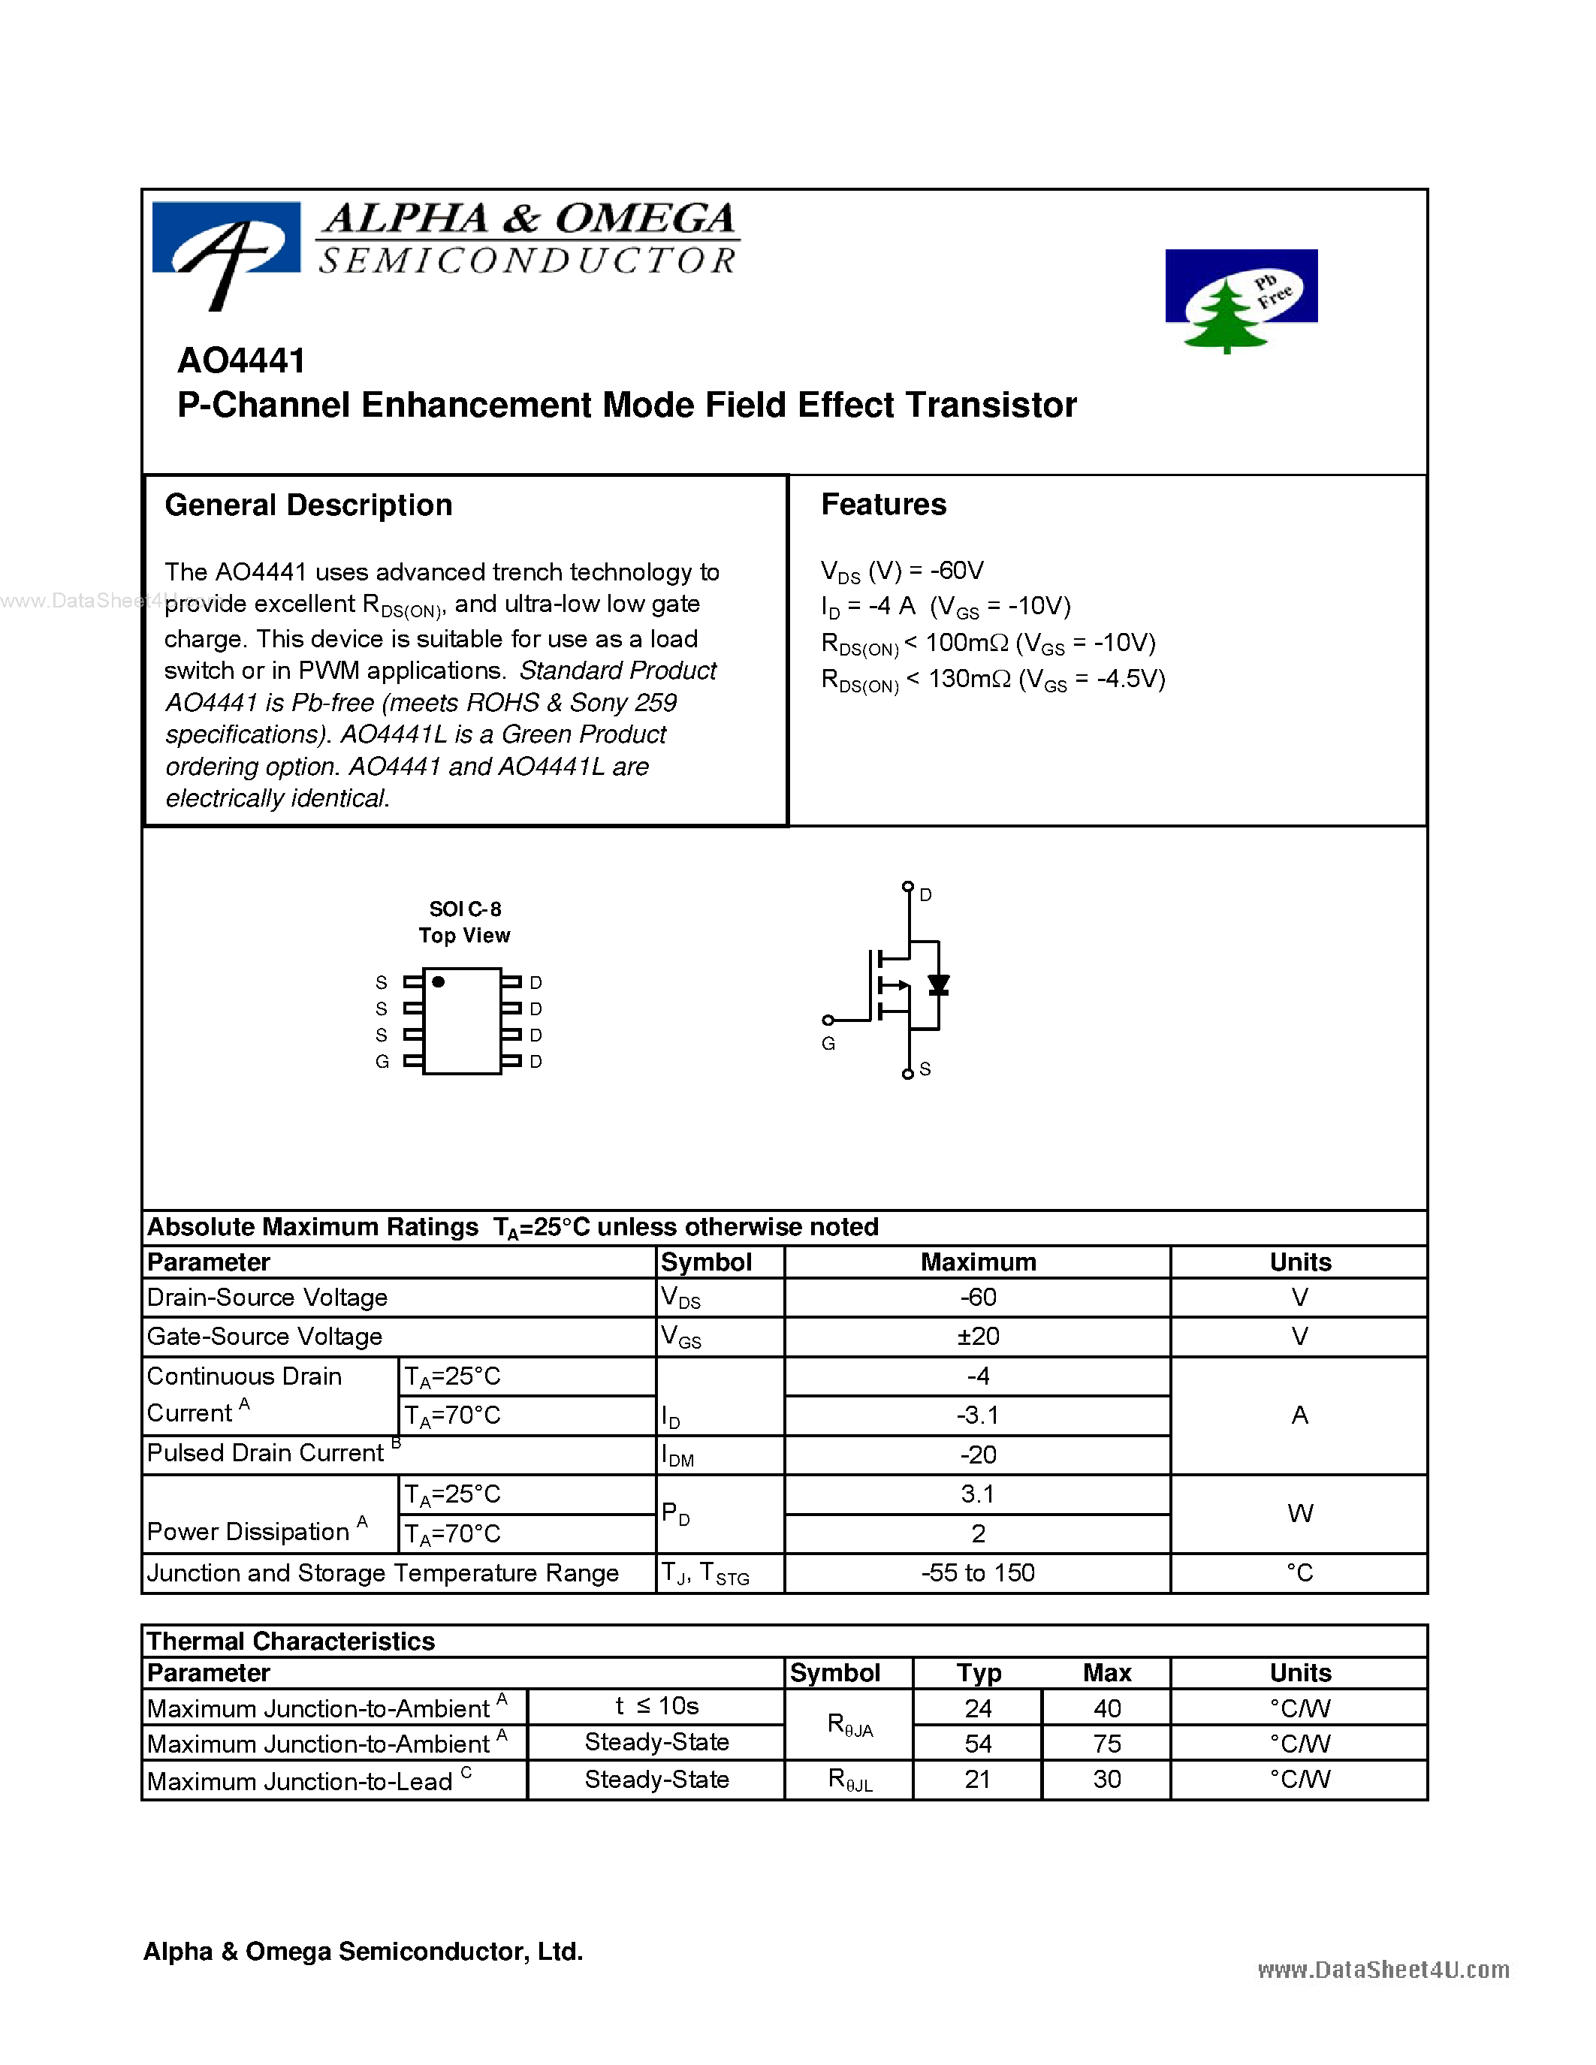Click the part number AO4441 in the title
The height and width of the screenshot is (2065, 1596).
[x=241, y=360]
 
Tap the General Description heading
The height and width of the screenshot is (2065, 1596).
[x=308, y=505]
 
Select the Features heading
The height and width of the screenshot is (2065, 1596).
[x=883, y=504]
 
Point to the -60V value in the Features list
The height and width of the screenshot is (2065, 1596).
[x=956, y=570]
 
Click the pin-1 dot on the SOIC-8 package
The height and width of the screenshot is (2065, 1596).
[x=439, y=981]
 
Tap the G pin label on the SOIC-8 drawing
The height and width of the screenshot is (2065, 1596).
[x=382, y=1062]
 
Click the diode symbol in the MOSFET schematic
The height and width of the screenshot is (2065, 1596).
[x=938, y=985]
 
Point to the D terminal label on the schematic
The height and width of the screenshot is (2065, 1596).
[x=925, y=894]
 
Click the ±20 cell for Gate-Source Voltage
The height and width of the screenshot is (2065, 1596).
[x=978, y=1336]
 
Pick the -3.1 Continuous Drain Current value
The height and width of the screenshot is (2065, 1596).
[x=978, y=1415]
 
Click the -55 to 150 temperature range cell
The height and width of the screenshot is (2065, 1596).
[x=978, y=1572]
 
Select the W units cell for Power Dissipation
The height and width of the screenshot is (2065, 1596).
[x=1299, y=1514]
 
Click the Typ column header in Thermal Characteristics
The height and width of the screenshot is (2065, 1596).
[x=978, y=1672]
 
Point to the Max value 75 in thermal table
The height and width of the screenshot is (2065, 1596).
[x=1106, y=1744]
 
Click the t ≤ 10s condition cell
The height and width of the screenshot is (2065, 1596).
[x=656, y=1706]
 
